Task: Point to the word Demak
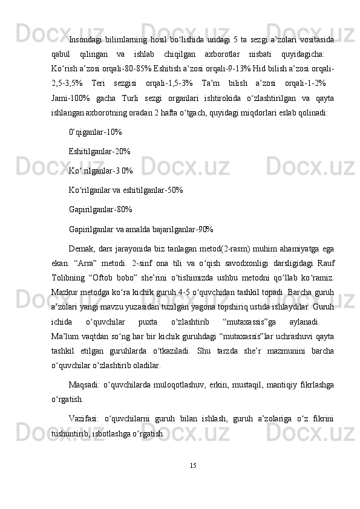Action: pyautogui.click(x=82, y=249)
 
